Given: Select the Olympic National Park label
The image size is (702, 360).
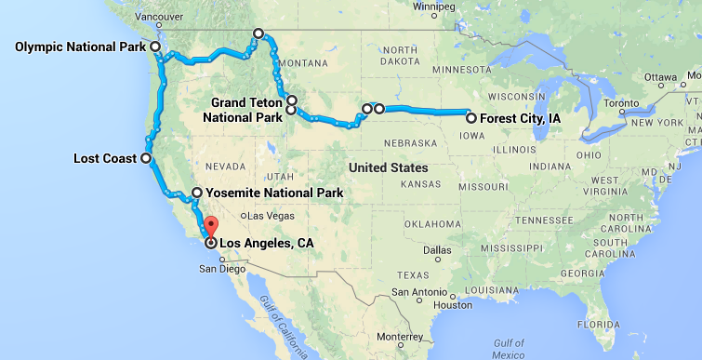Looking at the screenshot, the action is [x=82, y=47].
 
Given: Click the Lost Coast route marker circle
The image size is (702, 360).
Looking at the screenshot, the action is [x=145, y=158].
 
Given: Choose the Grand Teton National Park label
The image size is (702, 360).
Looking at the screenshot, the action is [x=245, y=110].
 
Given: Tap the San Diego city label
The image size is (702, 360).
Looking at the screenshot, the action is [x=222, y=269].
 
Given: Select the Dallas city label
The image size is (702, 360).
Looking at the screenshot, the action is [x=434, y=250].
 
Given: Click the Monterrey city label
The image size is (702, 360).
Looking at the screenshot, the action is [x=400, y=337].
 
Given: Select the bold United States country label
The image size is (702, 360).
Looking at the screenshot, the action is [x=385, y=167].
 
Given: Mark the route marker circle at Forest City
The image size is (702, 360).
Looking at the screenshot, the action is [x=471, y=118].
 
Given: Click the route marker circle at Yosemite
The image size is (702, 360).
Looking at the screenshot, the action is [x=196, y=193].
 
